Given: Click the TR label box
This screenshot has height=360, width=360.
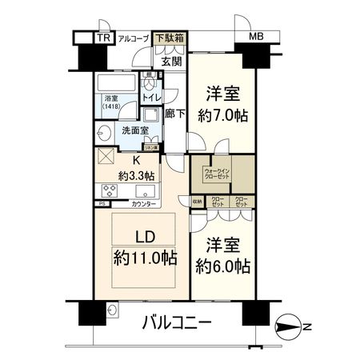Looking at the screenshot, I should pos(103,38).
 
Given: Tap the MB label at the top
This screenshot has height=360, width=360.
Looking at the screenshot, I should pos(256,38).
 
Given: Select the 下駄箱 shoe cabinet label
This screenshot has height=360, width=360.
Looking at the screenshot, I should pos(169,38).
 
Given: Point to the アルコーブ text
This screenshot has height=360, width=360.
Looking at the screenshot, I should pos(133,38).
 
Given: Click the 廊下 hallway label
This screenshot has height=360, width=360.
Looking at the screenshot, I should pos(175,114).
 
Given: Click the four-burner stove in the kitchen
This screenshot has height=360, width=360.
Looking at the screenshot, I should pos(110,190).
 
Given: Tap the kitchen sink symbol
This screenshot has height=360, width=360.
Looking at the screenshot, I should pos(145,191).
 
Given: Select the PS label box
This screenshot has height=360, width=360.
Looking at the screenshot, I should pos(101,204).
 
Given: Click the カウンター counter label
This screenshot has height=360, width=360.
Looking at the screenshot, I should pos(144,205).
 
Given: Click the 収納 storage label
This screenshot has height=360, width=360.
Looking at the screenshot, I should pos(197,203).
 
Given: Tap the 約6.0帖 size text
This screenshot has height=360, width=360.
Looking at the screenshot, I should pos(225,265).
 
